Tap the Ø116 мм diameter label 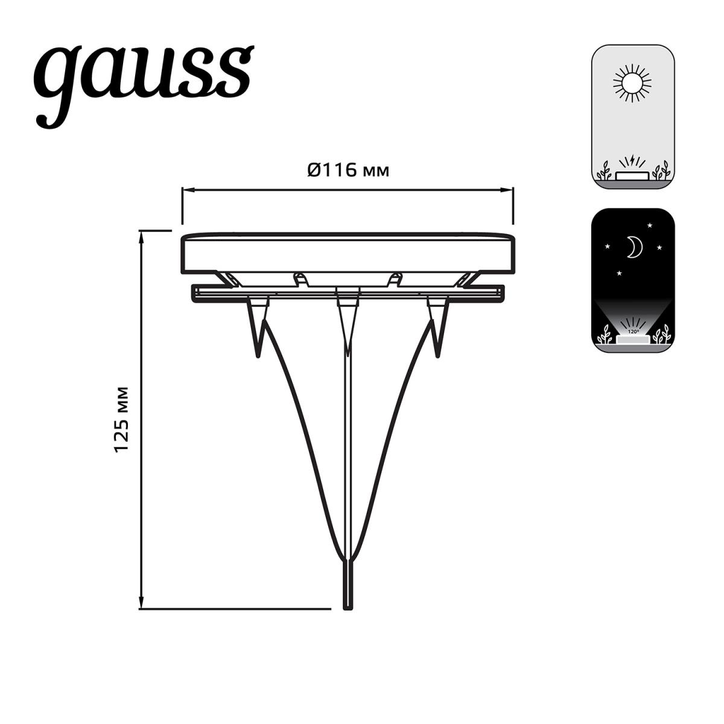click(x=348, y=171)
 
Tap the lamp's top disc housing click(x=348, y=253)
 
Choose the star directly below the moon click(x=620, y=273)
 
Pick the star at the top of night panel click(x=650, y=226)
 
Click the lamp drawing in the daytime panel click(x=632, y=175)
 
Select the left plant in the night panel click(x=603, y=335)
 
